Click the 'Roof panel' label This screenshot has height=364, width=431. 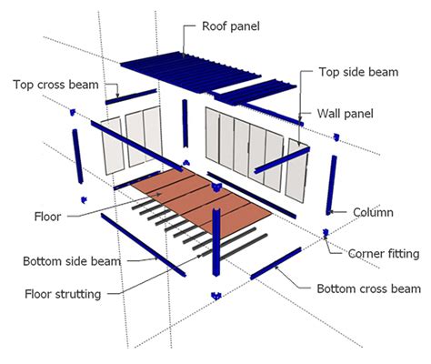229,26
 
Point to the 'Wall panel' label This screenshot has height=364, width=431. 349,114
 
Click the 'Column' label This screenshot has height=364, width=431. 373,212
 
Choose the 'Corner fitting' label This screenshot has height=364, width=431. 383,253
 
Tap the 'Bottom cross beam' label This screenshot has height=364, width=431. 368,288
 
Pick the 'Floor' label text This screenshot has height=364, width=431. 47,217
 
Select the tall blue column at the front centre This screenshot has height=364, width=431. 216,241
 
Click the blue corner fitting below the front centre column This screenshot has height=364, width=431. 215,295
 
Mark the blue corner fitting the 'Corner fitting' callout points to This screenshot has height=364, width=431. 325,236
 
